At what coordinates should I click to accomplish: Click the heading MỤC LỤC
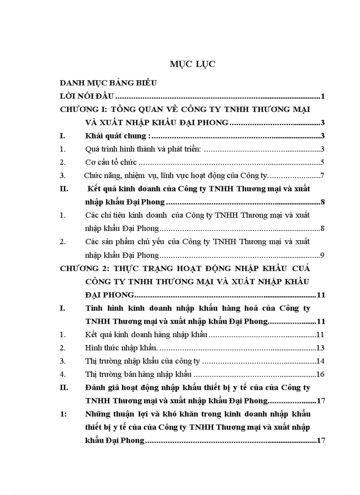point(192,64)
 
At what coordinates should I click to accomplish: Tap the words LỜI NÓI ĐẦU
point(87,96)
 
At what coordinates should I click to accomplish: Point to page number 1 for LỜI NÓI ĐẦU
point(323,96)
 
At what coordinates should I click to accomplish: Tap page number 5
point(323,163)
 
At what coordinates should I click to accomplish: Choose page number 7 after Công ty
point(323,176)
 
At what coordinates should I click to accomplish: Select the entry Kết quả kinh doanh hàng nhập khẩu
point(146,335)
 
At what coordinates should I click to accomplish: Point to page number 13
point(321,348)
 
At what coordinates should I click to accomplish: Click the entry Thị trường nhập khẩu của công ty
point(142,361)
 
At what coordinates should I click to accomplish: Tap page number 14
point(321,361)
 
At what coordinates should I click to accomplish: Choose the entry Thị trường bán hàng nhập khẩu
point(139,375)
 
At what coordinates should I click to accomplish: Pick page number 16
point(321,375)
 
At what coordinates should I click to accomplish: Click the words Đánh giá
point(99,388)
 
